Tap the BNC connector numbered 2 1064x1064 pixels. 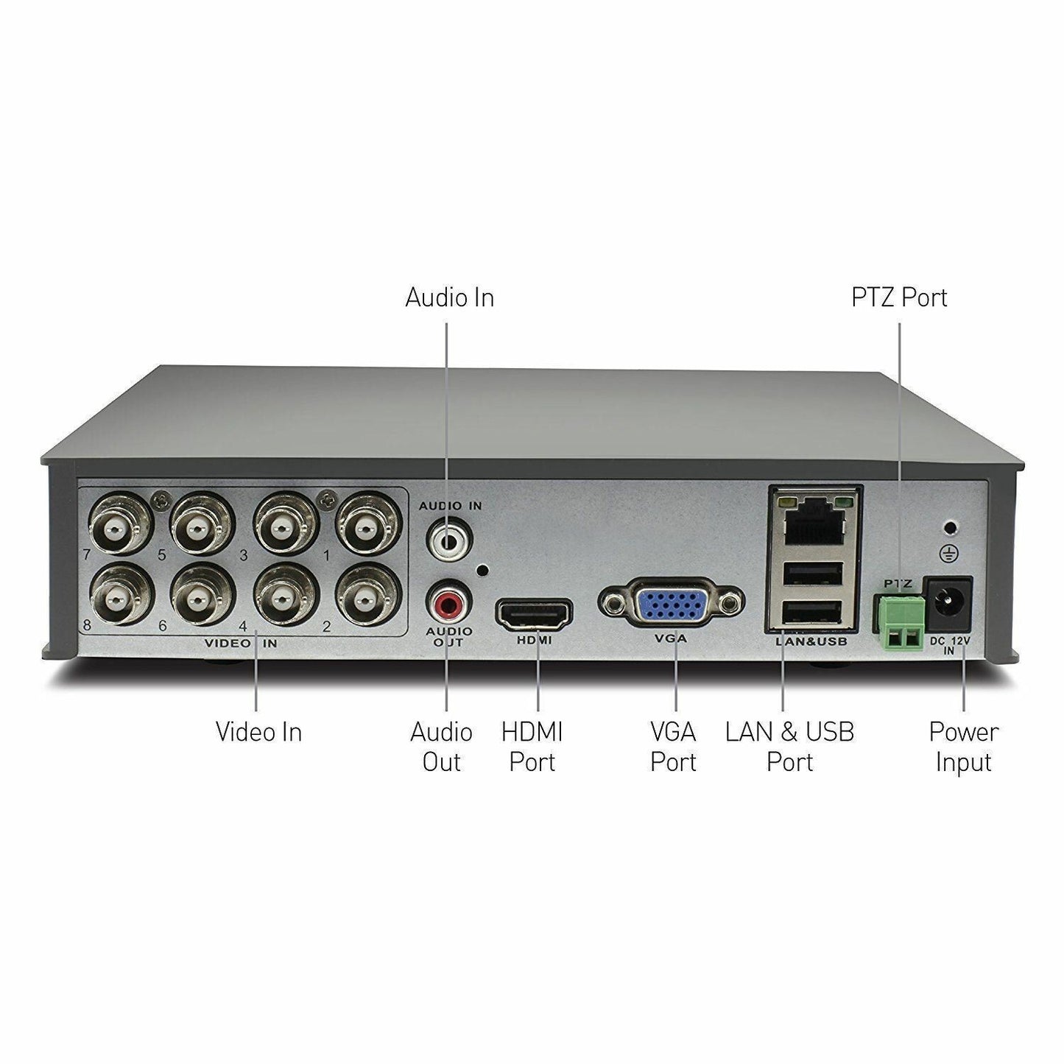(367, 596)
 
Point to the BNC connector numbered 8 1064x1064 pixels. (121, 596)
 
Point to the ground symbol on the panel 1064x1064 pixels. (951, 554)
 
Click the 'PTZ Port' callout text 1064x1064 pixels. (899, 297)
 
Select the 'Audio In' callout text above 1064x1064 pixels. (449, 297)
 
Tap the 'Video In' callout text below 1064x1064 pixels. (258, 732)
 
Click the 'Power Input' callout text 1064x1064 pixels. (963, 747)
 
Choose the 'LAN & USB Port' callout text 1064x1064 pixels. (789, 747)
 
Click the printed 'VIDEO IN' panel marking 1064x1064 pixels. (241, 644)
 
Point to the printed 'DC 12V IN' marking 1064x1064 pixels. (949, 646)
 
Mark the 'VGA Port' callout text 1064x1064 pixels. (673, 747)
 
